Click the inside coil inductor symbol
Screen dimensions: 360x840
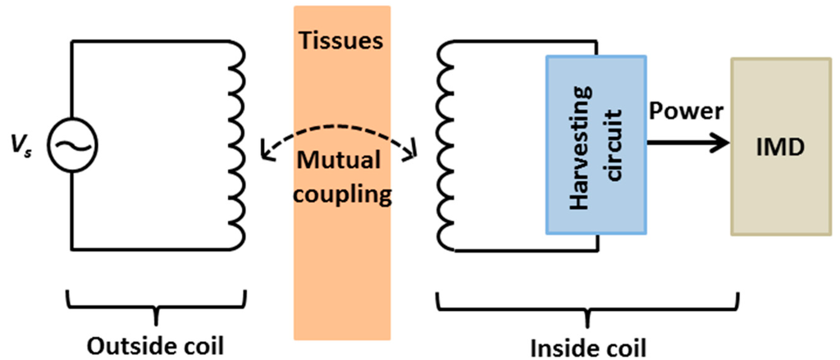[x=447, y=144]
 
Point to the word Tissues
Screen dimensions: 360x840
[x=341, y=40]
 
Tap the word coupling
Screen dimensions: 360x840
[x=341, y=195]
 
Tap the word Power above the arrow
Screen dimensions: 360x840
[x=687, y=112]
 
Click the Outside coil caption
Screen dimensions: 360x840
[x=154, y=341]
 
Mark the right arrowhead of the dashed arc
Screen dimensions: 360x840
[x=415, y=151]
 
